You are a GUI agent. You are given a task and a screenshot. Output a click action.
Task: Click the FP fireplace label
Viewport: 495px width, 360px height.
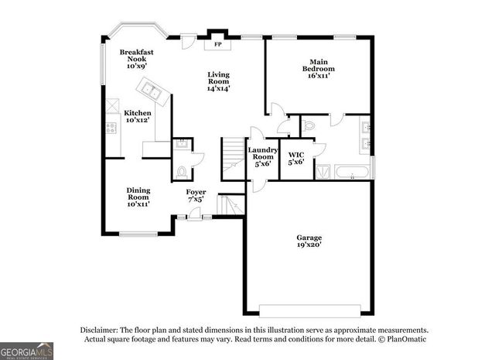click(217, 45)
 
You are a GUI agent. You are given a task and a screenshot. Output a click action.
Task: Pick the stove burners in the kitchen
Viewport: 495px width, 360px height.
click(111, 126)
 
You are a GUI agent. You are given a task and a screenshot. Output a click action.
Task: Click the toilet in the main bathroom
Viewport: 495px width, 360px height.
click(307, 124)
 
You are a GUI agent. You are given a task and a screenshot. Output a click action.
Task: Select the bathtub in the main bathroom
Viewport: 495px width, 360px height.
click(352, 172)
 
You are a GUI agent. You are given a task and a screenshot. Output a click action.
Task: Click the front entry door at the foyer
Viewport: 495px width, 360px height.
click(196, 218)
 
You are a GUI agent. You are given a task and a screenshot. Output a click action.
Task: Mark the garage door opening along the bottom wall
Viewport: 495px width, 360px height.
click(309, 310)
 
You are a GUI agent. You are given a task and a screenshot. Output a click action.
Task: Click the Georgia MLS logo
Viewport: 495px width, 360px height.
click(27, 349)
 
